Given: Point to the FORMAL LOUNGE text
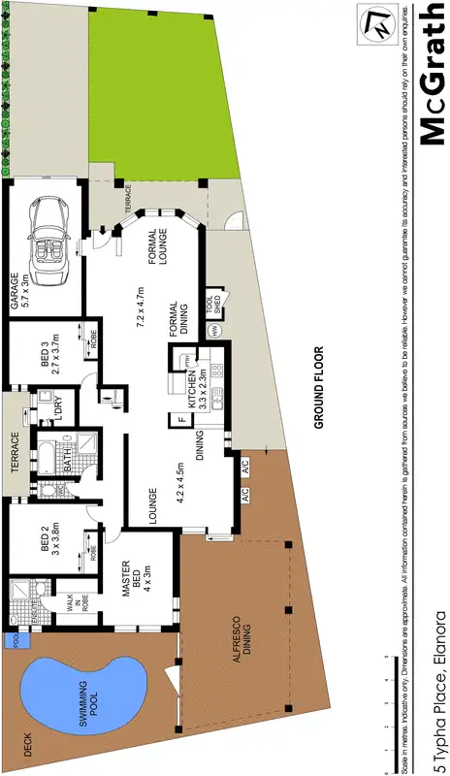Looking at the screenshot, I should click(x=154, y=252).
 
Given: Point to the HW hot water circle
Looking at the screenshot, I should click(x=213, y=331).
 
